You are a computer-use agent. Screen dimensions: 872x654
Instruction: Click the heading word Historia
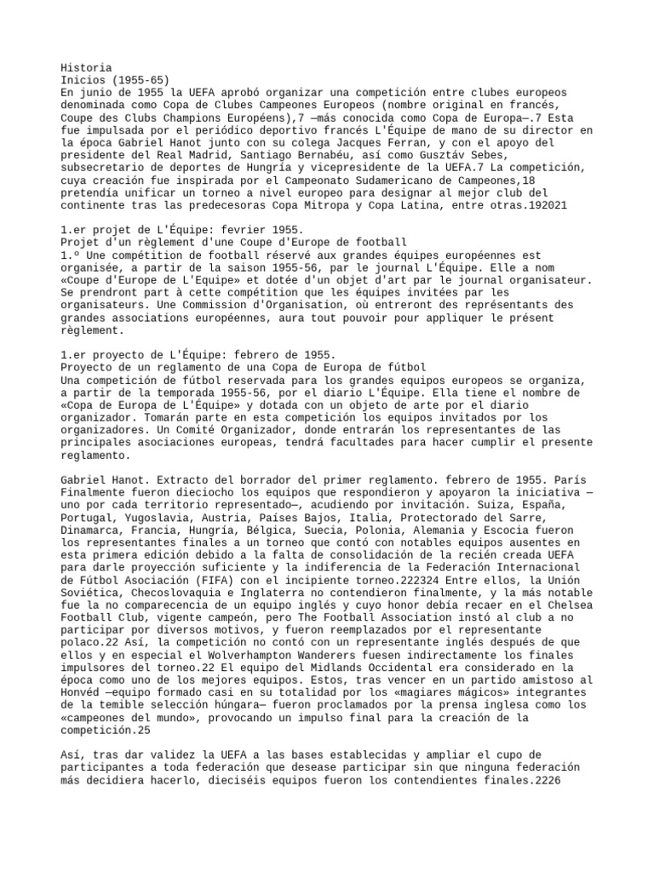point(86,67)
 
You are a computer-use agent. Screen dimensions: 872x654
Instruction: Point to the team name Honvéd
point(83,686)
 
